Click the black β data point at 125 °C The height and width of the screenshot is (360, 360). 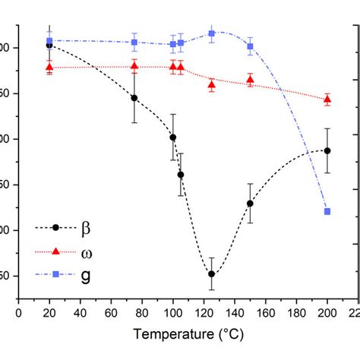click(211, 274)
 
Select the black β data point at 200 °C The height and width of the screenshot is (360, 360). click(327, 150)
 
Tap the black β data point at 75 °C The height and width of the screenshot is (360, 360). click(134, 98)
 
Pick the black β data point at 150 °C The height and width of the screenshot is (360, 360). click(250, 204)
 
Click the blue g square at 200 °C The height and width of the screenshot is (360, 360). click(327, 211)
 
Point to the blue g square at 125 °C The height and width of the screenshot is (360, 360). click(211, 33)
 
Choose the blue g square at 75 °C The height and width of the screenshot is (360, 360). click(134, 42)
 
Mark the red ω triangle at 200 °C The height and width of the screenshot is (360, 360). click(327, 99)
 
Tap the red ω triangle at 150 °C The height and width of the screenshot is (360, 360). click(250, 80)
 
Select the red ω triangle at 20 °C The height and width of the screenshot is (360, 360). click(49, 68)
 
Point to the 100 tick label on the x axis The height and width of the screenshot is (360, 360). click(172, 312)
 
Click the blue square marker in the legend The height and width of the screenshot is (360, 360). click(56, 273)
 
